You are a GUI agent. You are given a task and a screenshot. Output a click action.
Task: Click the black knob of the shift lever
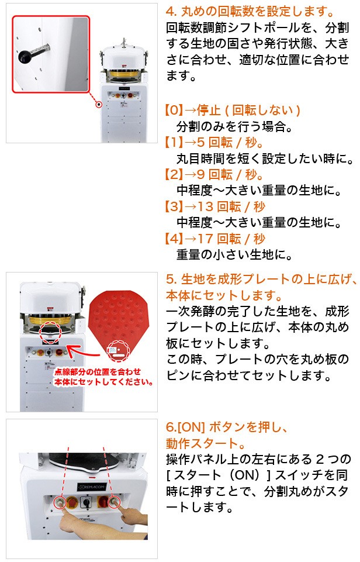(25, 56)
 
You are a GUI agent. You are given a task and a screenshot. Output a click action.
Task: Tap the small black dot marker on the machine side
(99, 105)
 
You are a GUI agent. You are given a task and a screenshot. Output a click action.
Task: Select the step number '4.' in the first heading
(171, 12)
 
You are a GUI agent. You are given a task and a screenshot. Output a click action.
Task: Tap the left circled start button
(58, 502)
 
